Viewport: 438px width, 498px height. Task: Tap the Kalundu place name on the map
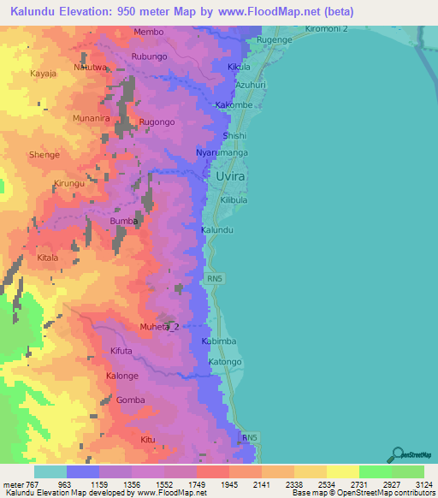[x=217, y=231]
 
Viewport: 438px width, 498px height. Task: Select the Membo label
[x=148, y=33]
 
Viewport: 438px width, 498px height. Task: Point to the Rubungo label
[x=149, y=57]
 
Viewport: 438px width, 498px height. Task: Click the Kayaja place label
[x=43, y=74]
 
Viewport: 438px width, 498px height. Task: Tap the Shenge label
[x=44, y=155]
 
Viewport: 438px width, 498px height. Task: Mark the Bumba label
[x=124, y=221]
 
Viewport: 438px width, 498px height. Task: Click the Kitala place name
[x=48, y=257]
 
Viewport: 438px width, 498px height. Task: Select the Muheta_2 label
[x=160, y=327]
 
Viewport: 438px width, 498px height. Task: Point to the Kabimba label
[x=218, y=341]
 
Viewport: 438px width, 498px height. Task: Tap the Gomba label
[x=131, y=400]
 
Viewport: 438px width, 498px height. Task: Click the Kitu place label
[x=148, y=440]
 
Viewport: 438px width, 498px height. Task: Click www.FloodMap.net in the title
[x=264, y=11]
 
